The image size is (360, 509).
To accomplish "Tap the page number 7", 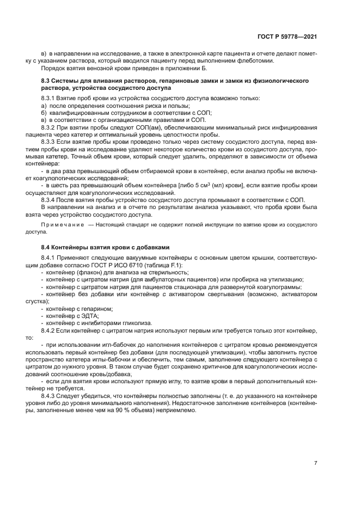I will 315,463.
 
